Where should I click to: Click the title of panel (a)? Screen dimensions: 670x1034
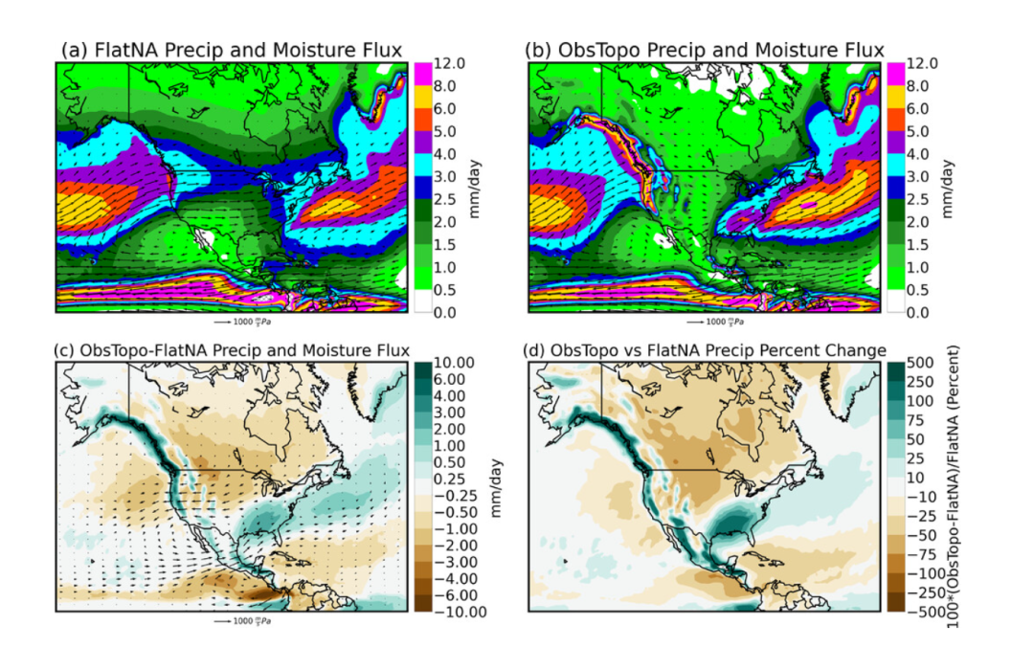[x=232, y=50]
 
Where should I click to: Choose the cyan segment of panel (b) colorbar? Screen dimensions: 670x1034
[x=894, y=165]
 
